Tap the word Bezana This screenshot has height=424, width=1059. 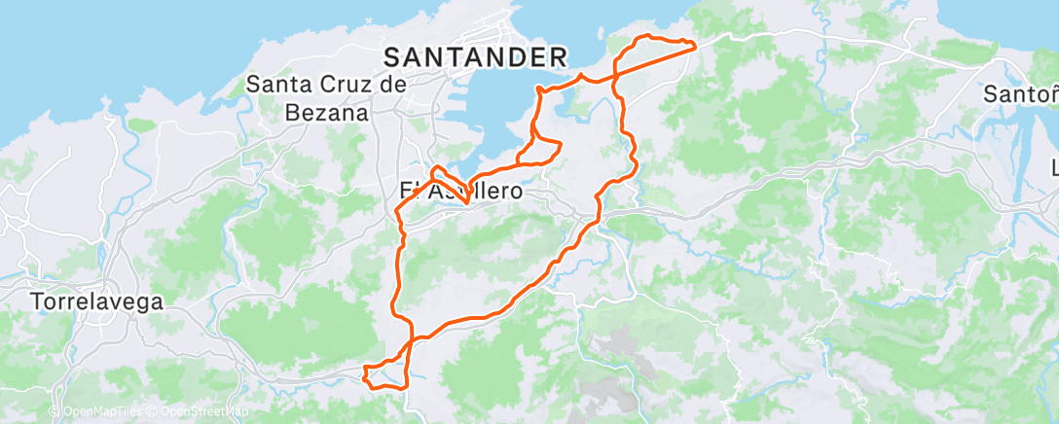pyautogui.click(x=328, y=112)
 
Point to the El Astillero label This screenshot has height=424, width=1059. pyautogui.click(x=461, y=192)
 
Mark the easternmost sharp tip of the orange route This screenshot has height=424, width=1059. pyautogui.click(x=695, y=44)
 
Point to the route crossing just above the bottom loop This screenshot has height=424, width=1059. pyautogui.click(x=412, y=339)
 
